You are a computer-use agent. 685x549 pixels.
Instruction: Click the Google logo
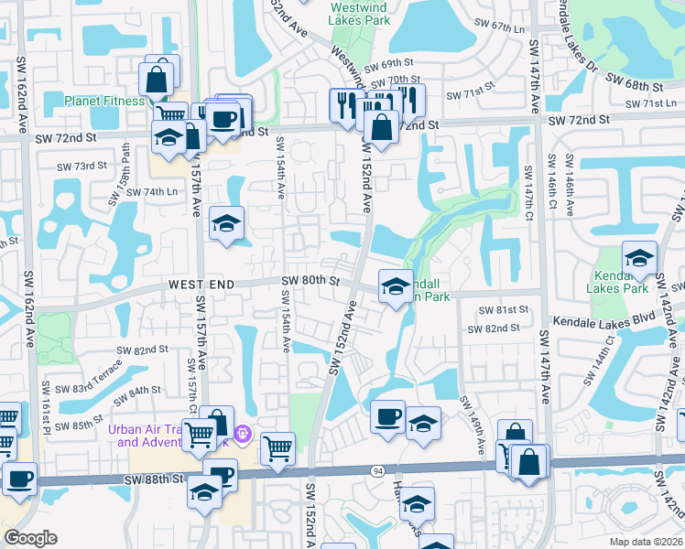30,538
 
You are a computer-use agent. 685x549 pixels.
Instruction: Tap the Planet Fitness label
104,101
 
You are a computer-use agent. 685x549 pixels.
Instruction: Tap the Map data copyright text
647,542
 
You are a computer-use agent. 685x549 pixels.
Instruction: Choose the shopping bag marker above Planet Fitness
158,79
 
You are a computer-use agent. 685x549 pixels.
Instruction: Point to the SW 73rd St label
82,167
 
